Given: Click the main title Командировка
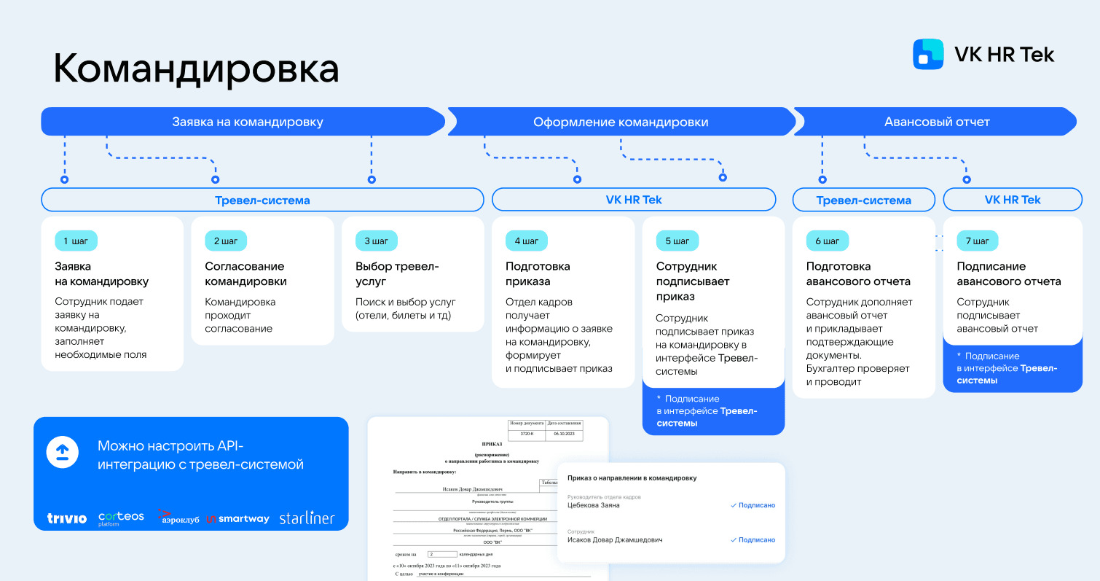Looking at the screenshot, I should click(x=196, y=69).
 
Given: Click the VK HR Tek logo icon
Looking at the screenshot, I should click(x=928, y=55).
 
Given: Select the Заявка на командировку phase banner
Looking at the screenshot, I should click(x=247, y=122).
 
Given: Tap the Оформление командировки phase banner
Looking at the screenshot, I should click(x=621, y=122).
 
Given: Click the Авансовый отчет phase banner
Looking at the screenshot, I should click(x=936, y=122).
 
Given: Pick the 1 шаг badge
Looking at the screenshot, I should click(x=76, y=241).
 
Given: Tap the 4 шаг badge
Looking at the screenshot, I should click(x=526, y=241).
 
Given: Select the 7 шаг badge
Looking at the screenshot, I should click(x=977, y=241).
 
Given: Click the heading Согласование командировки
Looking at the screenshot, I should click(x=245, y=274).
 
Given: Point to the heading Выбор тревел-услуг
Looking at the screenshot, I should click(x=397, y=274).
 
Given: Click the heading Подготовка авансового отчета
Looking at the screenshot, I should click(x=858, y=274).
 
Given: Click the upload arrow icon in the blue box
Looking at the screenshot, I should click(x=63, y=452).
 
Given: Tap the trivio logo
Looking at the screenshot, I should click(x=67, y=518).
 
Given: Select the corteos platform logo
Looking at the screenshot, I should click(x=121, y=518).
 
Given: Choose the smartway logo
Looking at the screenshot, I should click(x=237, y=518).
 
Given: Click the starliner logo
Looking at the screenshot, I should click(x=307, y=518).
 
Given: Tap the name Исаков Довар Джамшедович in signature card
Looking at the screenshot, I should click(x=615, y=540).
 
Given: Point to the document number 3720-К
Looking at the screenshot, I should click(x=527, y=433).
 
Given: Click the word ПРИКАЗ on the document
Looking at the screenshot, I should click(x=492, y=443).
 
